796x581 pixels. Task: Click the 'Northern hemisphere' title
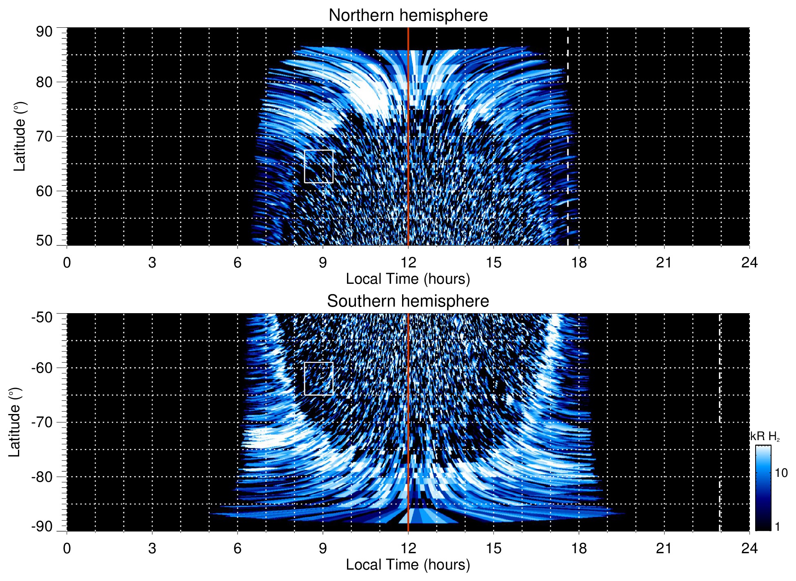click(408, 16)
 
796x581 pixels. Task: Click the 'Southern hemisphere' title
click(408, 301)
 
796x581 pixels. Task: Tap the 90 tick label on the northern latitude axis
click(44, 32)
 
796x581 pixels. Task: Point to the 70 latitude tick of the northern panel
click(44, 136)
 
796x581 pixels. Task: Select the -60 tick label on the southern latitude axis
click(42, 368)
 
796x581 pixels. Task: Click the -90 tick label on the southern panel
click(42, 526)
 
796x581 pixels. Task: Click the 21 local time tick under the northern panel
click(664, 263)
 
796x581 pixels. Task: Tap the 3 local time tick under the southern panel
click(152, 548)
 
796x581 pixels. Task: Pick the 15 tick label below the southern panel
click(494, 548)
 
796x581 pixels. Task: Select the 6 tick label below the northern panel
click(238, 263)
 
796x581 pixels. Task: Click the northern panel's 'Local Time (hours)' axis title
click(408, 279)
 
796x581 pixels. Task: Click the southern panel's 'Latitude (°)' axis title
click(15, 422)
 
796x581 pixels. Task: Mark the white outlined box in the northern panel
click(318, 166)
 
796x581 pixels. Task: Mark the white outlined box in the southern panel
click(318, 378)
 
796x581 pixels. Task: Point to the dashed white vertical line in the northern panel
click(567, 122)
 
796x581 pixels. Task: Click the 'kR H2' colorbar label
click(765, 436)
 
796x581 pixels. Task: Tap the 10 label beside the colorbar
click(781, 473)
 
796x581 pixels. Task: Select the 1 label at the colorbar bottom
click(777, 527)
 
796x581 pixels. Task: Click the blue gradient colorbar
click(763, 488)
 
